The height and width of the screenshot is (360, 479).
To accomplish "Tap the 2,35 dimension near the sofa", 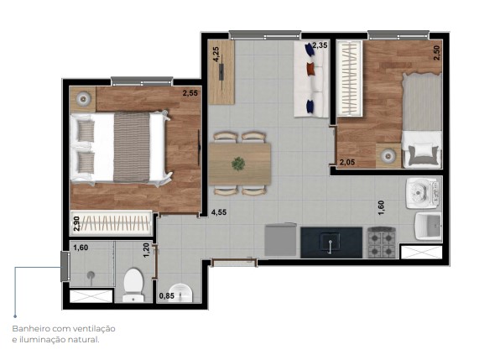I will pos(320,46).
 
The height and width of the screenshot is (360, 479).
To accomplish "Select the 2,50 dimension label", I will pos(436,50).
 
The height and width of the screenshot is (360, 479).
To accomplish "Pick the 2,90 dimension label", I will pos(76,224).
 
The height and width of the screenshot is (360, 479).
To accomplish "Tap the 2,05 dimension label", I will pos(347,162).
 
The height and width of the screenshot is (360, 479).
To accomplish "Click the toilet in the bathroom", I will pos(134,284).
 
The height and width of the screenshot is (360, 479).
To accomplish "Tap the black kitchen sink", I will pos(331,243).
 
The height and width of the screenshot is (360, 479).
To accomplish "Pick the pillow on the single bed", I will pos(422,154).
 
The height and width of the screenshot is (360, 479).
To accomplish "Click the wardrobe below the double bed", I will pos(111,222).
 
